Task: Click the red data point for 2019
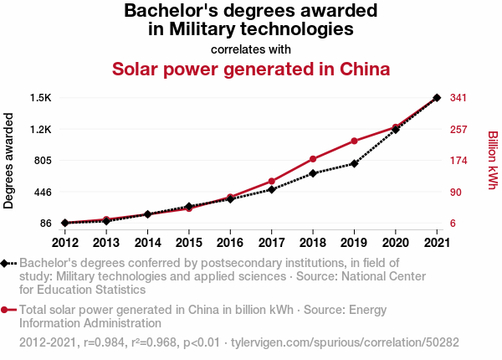point(354,141)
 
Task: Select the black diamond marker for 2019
point(354,163)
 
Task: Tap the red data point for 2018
point(313,159)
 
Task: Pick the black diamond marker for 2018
point(313,173)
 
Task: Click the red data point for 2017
point(272,181)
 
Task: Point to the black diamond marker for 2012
point(65,223)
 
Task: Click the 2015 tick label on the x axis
point(189,243)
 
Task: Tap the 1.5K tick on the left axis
point(40,98)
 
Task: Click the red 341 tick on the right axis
point(458,98)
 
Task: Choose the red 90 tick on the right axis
point(455,192)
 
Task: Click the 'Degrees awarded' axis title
point(9,161)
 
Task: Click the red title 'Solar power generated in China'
point(251,69)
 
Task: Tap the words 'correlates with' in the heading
point(251,49)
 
